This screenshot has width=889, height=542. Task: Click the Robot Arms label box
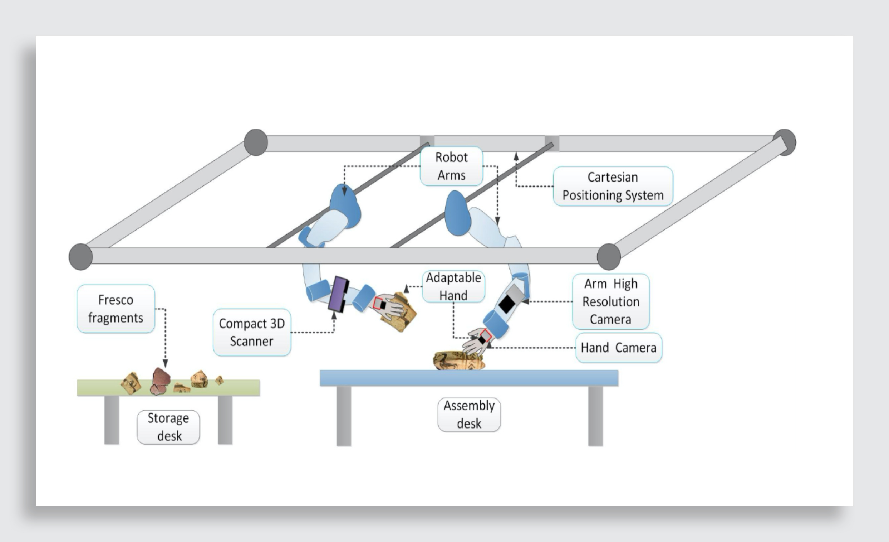tap(451, 166)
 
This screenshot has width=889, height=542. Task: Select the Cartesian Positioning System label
tap(613, 186)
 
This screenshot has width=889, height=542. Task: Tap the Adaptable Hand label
tap(453, 287)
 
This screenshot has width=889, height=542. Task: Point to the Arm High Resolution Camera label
tap(611, 301)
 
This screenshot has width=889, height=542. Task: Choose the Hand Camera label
tap(618, 348)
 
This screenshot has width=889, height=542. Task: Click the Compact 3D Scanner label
tap(252, 332)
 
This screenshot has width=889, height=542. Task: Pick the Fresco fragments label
tap(116, 309)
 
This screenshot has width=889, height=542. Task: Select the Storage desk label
tap(168, 427)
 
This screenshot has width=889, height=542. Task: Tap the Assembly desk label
tap(469, 415)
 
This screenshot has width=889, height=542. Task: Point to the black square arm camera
tap(506, 304)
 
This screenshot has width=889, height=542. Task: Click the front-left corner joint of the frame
tap(80, 257)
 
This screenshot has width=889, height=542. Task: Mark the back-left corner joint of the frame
tap(256, 142)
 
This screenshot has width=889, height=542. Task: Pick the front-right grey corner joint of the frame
tap(609, 257)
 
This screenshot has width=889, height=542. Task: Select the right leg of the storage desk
tap(225, 420)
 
